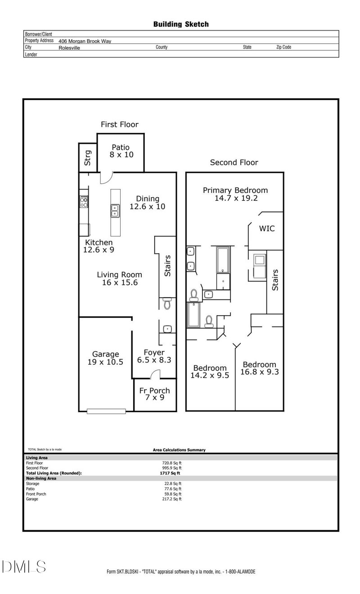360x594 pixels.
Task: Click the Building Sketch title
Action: coord(181,24)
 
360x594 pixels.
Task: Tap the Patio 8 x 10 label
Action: coord(121,151)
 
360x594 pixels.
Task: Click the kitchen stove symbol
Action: coord(84,201)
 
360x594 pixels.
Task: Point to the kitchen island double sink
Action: coord(115,210)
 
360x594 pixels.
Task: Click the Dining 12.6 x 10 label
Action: coord(148,203)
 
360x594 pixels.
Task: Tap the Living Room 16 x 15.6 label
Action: coord(120,278)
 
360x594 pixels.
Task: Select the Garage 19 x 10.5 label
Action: coord(105,358)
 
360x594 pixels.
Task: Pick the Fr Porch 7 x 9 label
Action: coord(154,394)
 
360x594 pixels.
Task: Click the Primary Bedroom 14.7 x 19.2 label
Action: coord(235,194)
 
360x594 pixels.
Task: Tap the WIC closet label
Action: coord(266,229)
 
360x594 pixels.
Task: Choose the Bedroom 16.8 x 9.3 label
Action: coord(259,368)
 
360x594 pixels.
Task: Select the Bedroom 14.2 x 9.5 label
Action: coord(209,371)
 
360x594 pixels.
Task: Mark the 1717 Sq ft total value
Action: coord(170,473)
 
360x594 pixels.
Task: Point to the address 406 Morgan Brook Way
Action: coord(85,41)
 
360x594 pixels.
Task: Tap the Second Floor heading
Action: coord(234,163)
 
